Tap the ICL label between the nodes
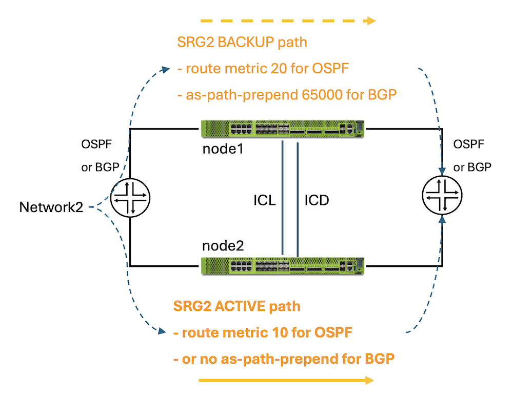265,200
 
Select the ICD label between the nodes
317,200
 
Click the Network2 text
51,207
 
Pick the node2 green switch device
283,266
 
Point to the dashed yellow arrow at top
287,22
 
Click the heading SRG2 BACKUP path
242,42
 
